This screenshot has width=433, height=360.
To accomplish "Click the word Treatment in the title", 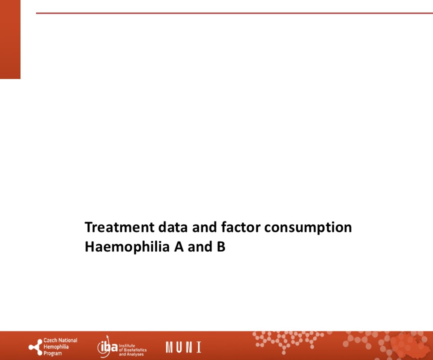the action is (119, 227).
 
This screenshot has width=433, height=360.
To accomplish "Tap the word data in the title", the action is (173, 227).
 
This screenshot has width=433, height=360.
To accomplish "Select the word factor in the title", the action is (240, 227).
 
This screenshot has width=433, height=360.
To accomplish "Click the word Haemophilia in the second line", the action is (127, 247).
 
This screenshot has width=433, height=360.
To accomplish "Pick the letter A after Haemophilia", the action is (179, 247).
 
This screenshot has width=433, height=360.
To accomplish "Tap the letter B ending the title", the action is (221, 247).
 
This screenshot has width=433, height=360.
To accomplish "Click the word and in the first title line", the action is (204, 227).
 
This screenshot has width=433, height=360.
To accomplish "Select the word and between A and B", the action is (200, 247).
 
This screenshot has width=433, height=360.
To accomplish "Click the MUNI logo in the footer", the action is (183, 347).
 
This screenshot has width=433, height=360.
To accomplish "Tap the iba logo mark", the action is (107, 346).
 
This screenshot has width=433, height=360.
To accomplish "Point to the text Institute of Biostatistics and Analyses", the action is (132, 350).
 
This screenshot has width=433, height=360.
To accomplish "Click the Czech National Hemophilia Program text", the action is (60, 346).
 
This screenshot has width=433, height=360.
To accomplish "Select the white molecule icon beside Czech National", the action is (35, 347).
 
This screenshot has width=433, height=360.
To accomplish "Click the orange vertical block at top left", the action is (10, 39).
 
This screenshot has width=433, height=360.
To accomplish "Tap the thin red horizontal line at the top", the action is (234, 13).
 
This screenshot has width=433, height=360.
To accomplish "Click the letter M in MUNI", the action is (169, 347).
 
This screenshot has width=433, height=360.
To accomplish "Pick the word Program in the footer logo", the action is (52, 353).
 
